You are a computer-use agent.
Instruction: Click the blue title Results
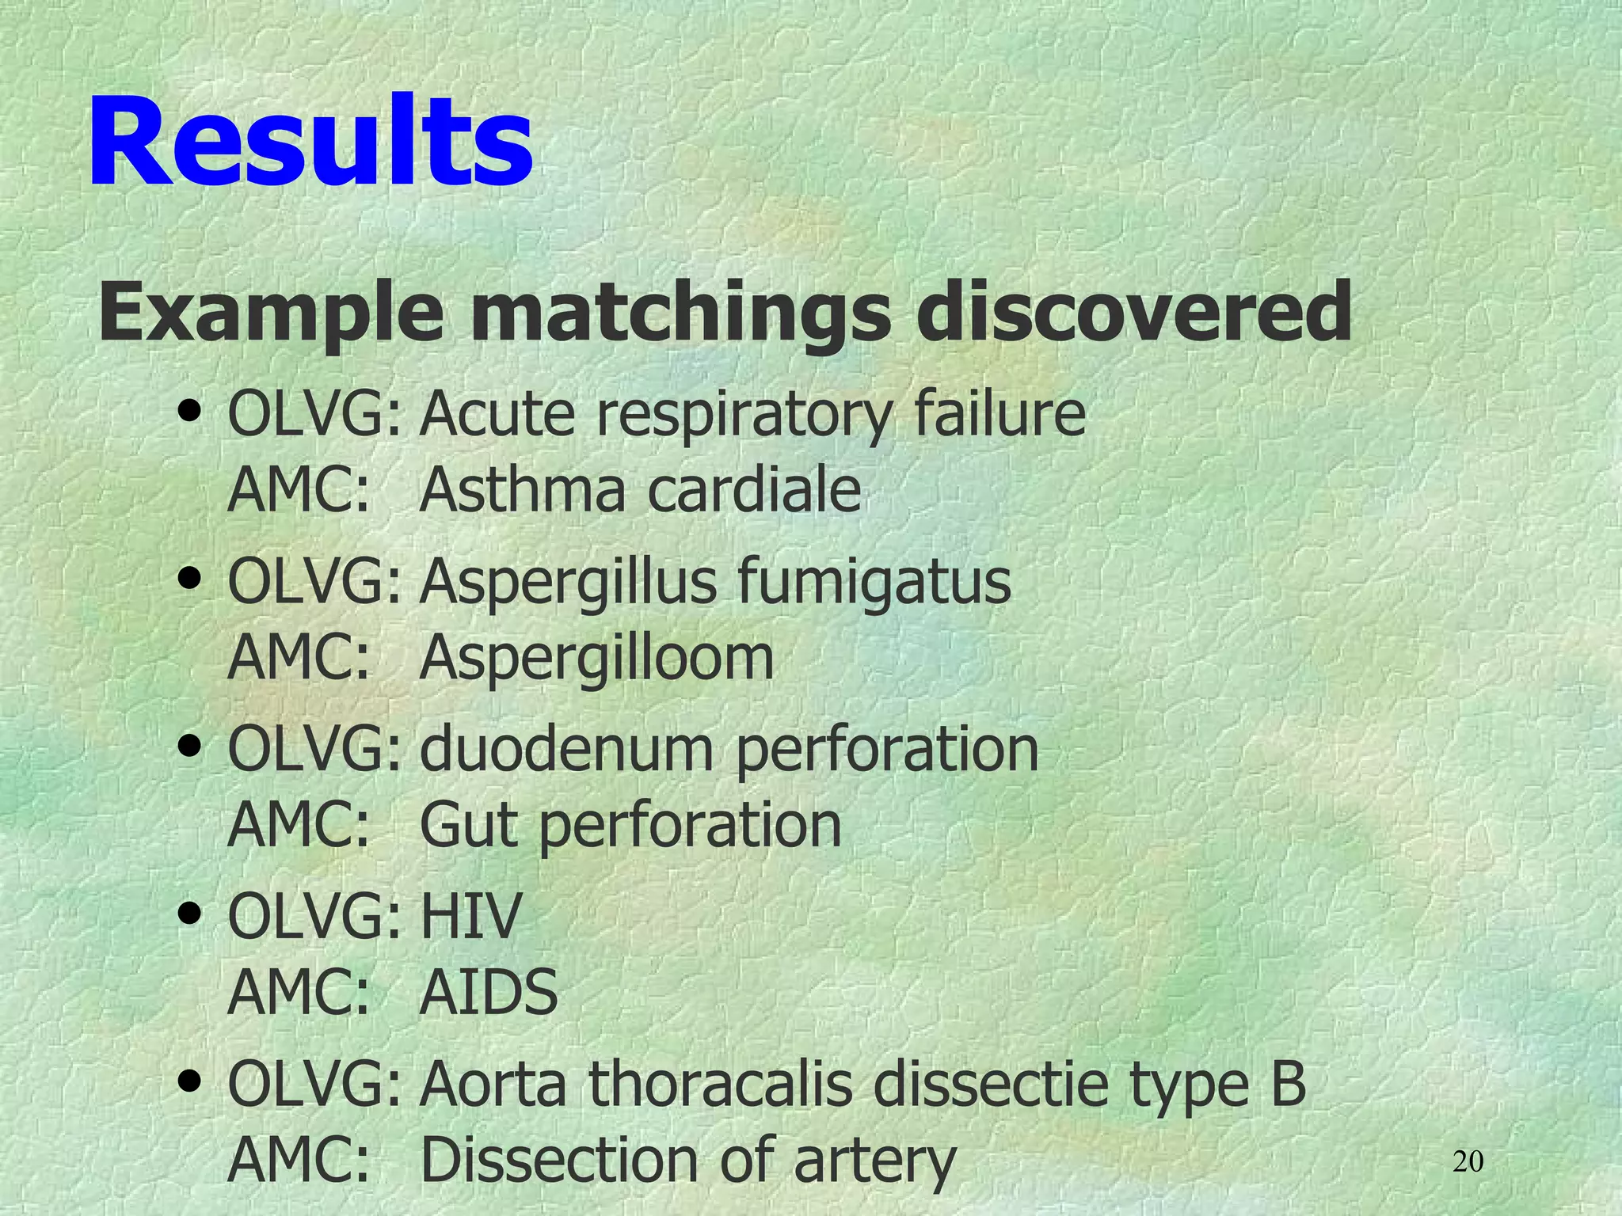[310, 142]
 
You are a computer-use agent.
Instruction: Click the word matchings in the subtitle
[681, 314]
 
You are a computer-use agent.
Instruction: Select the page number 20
[1468, 1162]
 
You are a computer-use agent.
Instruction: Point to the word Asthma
[523, 491]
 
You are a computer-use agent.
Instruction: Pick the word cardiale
[754, 491]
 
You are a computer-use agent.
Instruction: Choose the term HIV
[470, 916]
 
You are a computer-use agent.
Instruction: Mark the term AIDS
[488, 993]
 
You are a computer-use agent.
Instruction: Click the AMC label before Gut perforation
[299, 825]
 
